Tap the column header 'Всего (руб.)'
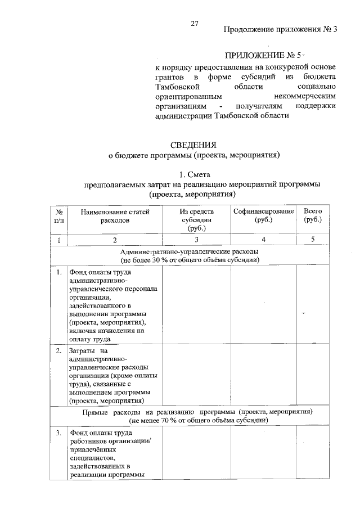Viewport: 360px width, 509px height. point(312,215)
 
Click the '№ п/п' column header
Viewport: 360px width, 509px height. point(58,216)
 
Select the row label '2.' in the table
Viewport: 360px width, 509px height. point(58,350)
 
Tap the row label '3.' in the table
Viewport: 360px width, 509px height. point(58,433)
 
